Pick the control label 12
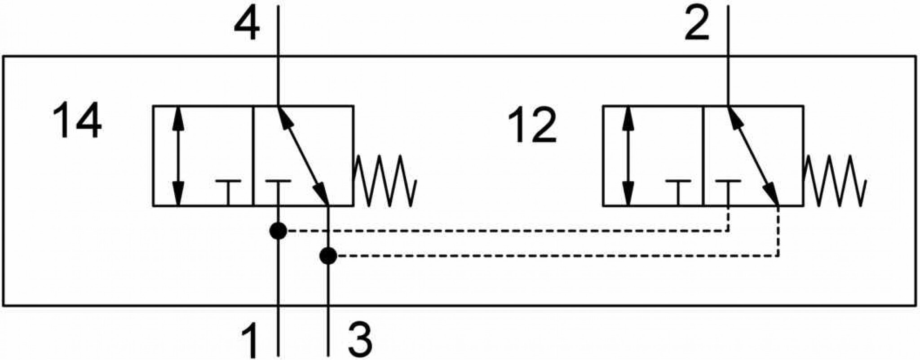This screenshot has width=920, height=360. click(x=532, y=126)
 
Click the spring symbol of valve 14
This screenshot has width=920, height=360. click(x=386, y=181)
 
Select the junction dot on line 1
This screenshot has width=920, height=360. click(x=278, y=231)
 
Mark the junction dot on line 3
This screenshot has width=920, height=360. click(x=328, y=256)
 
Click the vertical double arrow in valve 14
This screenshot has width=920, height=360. click(x=179, y=156)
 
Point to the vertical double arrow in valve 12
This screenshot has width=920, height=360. click(x=628, y=156)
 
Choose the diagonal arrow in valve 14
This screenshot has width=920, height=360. click(x=303, y=156)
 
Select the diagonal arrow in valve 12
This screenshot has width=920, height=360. click(x=753, y=156)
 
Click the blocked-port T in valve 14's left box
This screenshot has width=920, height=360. click(x=228, y=193)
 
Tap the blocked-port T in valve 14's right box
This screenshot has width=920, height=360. click(x=278, y=193)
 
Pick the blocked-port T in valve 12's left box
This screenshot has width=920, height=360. click(x=678, y=193)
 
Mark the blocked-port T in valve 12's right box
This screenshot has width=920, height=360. click(x=728, y=193)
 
